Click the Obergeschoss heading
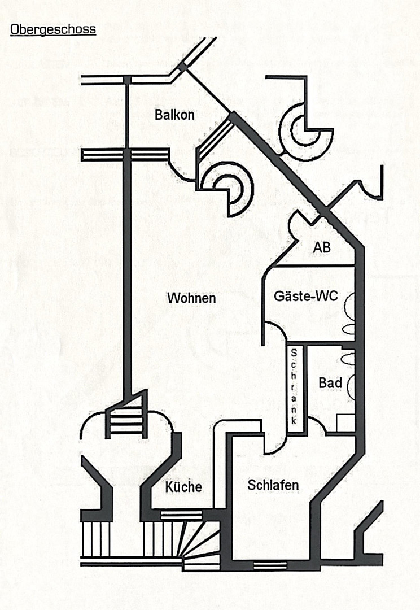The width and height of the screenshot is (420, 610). click(x=53, y=30)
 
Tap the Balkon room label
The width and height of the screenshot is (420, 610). click(x=174, y=115)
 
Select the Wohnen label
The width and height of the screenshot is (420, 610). click(x=191, y=298)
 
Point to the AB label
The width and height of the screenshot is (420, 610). click(x=322, y=247)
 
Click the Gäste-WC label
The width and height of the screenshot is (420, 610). click(x=306, y=296)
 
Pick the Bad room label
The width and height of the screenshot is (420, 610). click(x=330, y=383)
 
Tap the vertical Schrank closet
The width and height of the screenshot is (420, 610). click(x=294, y=387)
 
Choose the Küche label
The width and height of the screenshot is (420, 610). click(x=183, y=487)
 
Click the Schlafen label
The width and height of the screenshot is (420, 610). click(x=273, y=485)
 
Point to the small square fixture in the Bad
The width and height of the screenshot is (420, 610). click(x=345, y=423)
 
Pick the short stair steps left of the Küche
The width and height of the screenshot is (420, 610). click(x=127, y=422)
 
